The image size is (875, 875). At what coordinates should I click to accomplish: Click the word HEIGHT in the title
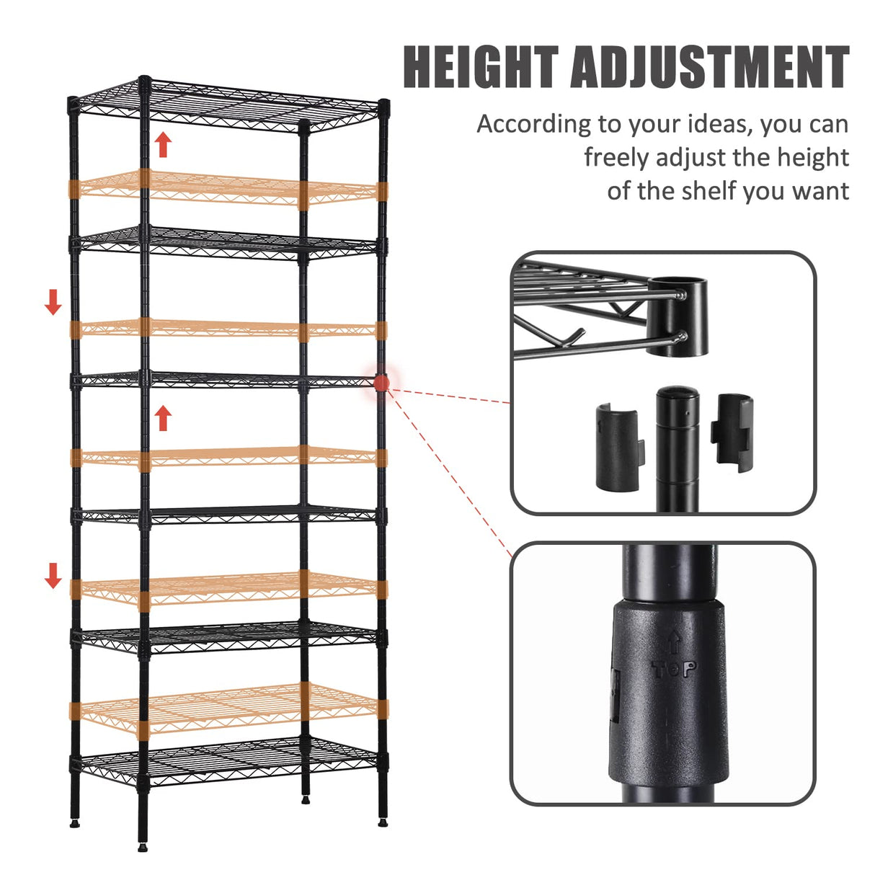coord(481,67)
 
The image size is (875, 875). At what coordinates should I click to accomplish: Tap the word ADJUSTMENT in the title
coord(709,67)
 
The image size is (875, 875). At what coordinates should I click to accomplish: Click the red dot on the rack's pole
coord(381,383)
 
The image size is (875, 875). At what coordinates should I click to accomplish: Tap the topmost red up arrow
coord(164,144)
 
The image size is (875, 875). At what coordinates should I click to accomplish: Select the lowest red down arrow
coord(53,575)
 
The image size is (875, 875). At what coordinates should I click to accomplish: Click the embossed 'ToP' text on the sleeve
coord(674,670)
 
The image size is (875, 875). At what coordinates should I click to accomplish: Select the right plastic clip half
coord(732,432)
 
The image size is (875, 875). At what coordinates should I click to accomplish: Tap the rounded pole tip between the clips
coord(678,396)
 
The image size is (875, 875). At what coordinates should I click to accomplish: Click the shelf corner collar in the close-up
coord(678,317)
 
